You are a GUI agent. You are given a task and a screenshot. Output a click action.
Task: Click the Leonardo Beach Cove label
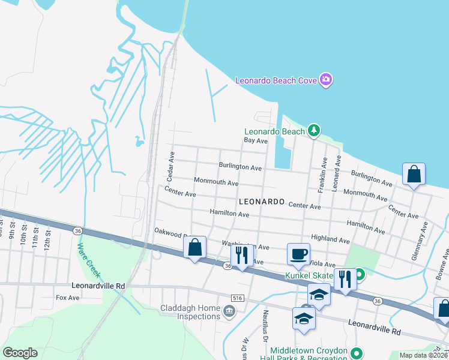point(276,80)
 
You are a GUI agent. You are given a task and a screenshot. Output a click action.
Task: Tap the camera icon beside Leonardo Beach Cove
point(326,80)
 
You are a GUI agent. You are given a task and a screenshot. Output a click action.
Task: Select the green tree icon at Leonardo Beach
point(313,130)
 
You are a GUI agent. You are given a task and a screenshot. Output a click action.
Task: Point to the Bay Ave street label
point(255,140)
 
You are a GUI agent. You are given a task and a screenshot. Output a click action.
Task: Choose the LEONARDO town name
point(262,202)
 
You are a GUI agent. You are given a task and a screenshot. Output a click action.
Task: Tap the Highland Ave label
point(330,239)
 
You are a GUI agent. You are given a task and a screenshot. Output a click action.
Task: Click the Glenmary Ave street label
point(424,235)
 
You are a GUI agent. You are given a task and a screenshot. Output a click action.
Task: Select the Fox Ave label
point(67,297)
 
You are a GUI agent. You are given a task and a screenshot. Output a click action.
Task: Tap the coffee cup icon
point(298,253)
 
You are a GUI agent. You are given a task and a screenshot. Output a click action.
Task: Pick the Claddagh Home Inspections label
point(190,312)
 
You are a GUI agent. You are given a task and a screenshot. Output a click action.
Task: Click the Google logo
point(20,353)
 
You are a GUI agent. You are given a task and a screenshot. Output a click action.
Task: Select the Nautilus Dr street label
point(264,324)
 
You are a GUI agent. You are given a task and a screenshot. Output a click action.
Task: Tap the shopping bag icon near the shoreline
point(414,174)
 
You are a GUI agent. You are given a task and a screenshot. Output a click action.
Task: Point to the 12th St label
point(48,239)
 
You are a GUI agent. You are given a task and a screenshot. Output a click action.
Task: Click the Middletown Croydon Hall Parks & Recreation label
point(309,354)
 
